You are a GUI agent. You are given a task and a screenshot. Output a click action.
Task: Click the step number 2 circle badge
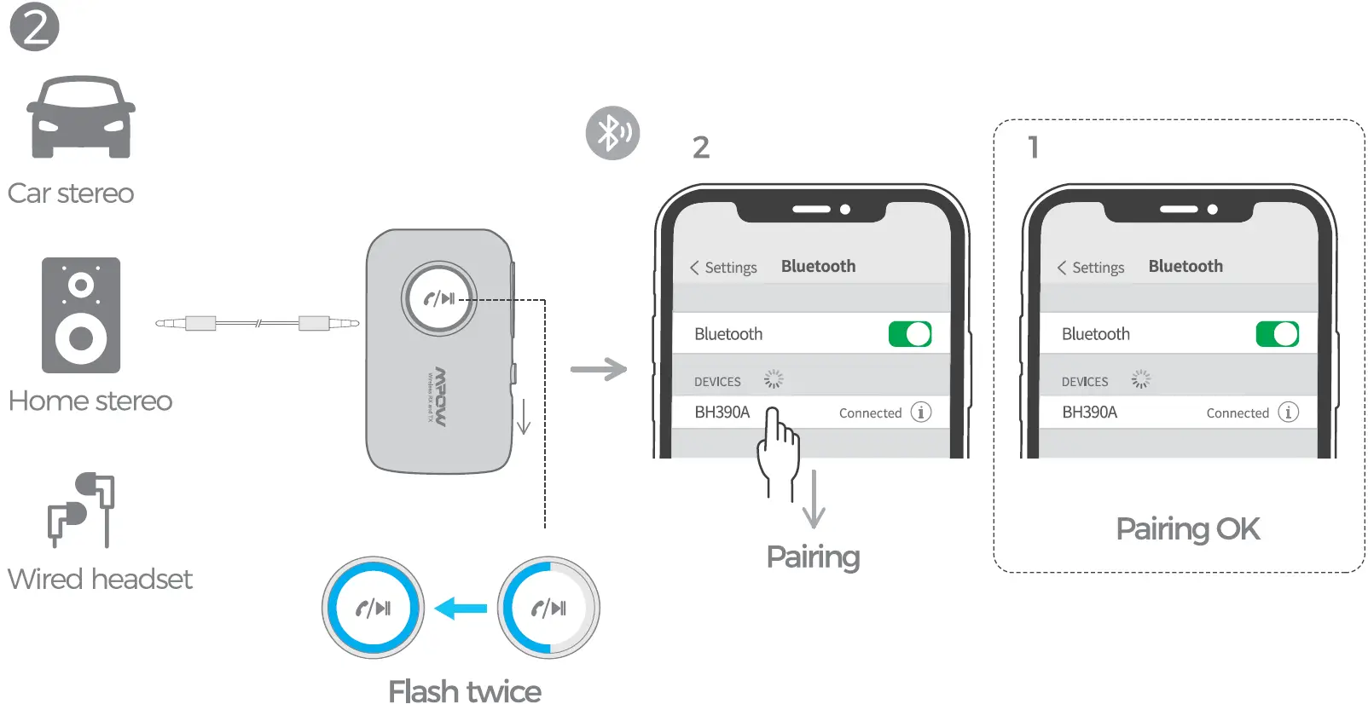[x=34, y=26]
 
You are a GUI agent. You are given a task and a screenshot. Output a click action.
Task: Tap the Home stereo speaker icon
[x=81, y=315]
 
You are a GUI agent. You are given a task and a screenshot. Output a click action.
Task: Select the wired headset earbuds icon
[x=81, y=509]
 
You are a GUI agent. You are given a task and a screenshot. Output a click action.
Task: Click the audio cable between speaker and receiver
[x=257, y=323]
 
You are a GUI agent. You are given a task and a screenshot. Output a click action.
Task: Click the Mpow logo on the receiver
[x=439, y=396]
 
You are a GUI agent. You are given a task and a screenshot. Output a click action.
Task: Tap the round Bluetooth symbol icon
[x=612, y=133]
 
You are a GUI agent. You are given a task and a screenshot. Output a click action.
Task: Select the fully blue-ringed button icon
[x=373, y=608]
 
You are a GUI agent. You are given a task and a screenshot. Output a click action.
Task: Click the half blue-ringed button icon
[x=548, y=608]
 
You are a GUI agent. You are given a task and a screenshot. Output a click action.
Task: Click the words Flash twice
[x=464, y=691]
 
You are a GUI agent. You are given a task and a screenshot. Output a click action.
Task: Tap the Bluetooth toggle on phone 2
[x=909, y=334]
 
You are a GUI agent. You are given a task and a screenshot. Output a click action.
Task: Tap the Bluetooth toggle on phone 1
[x=1277, y=334]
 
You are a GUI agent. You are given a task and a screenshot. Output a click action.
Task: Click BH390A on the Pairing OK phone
[x=1089, y=413]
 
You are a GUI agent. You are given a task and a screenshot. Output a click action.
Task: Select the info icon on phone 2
[x=920, y=413]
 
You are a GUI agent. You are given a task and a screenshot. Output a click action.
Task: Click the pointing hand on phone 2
[x=778, y=452]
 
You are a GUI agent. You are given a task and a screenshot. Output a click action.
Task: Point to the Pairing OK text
[x=1187, y=529]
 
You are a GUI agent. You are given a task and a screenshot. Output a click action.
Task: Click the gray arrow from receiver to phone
[x=599, y=369]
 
